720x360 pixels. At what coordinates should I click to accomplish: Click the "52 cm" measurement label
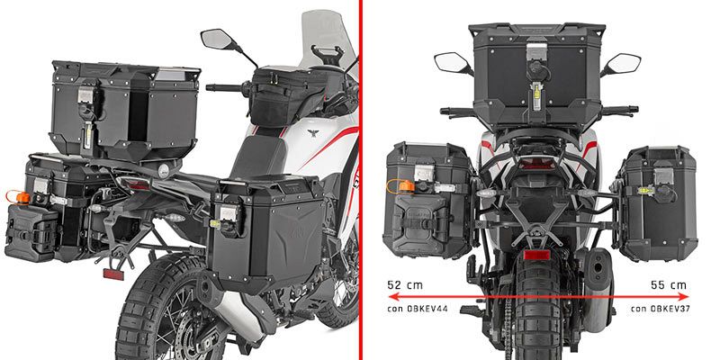coord(404,285)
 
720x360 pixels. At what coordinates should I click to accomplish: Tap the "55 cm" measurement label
coord(668,285)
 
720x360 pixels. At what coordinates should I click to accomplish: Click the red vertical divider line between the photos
coord(361,180)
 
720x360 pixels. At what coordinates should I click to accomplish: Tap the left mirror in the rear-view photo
coord(453,62)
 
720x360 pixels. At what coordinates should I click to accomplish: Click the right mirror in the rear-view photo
coord(621,63)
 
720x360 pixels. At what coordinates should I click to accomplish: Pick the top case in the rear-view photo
coord(535,75)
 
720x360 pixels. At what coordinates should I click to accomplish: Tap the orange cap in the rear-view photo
coord(406,186)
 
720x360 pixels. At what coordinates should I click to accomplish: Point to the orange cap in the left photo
coord(22,198)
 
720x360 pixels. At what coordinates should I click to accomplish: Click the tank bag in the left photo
coord(283,95)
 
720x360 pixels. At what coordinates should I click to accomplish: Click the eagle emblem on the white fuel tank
coord(313,133)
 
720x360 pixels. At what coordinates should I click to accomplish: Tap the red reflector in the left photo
coord(113,274)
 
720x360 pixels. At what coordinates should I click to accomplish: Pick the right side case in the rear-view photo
coord(658,203)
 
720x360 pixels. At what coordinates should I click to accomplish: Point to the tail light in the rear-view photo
coord(536,164)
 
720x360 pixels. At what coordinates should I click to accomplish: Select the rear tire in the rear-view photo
coord(536,309)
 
